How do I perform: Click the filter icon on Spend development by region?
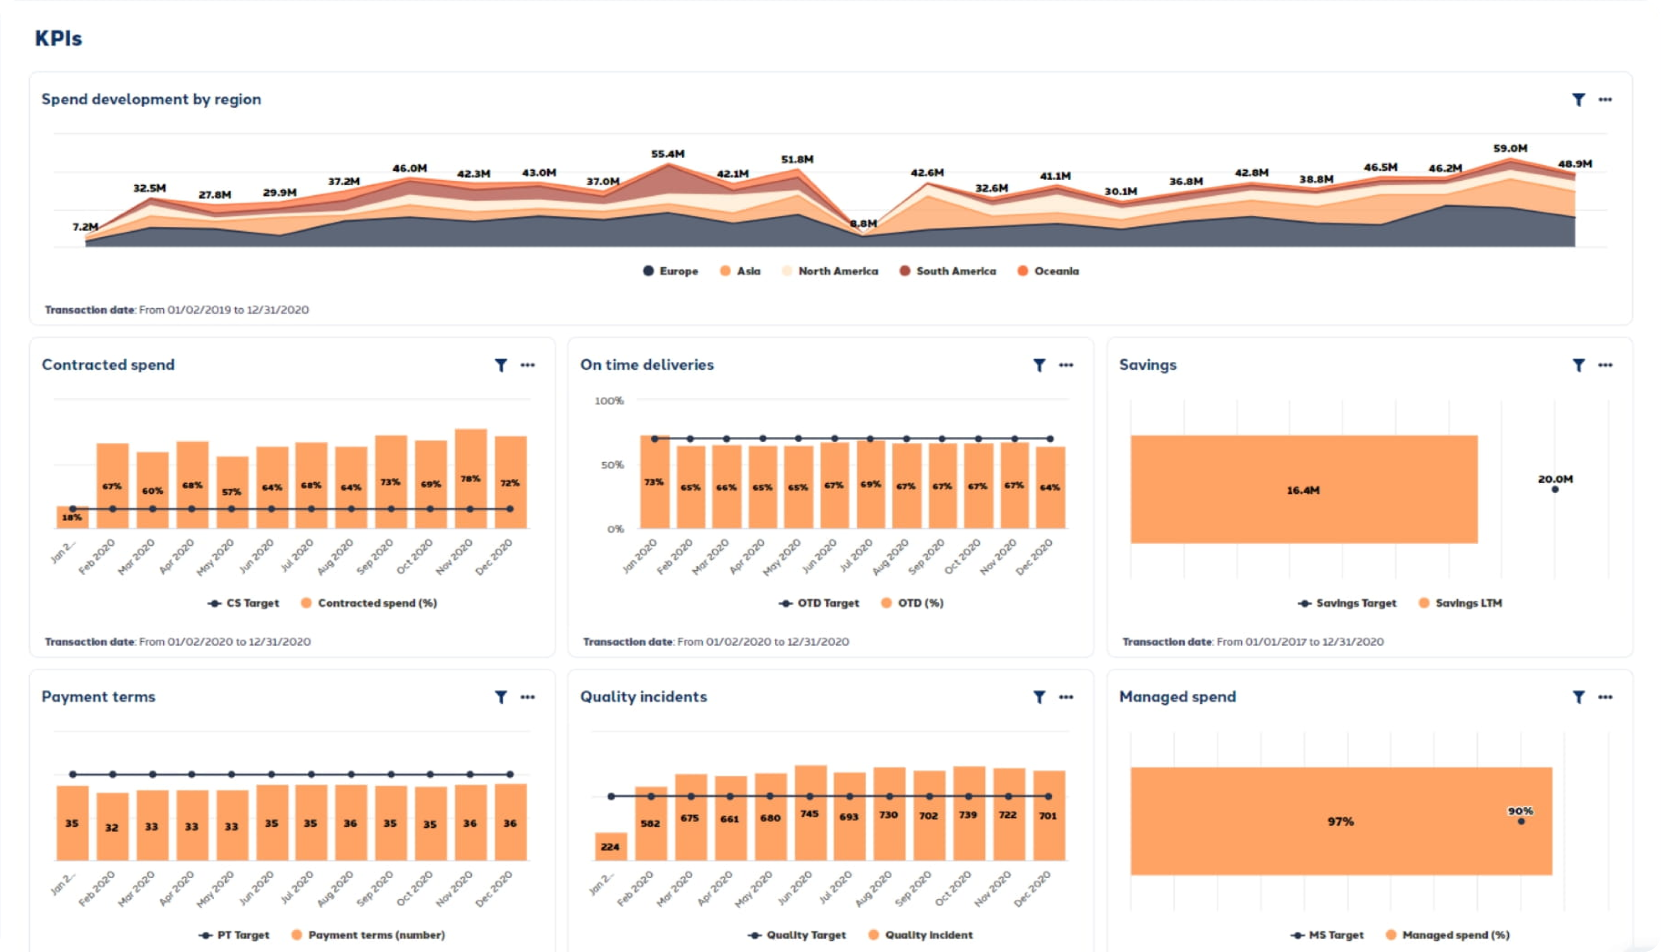click(1578, 99)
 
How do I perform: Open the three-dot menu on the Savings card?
click(1605, 365)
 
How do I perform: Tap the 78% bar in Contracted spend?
click(470, 478)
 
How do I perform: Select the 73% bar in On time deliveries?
click(654, 482)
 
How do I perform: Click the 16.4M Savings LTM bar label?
click(1303, 490)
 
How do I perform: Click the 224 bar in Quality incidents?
click(610, 847)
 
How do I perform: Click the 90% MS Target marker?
click(1521, 821)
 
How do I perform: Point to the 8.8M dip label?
click(863, 223)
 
